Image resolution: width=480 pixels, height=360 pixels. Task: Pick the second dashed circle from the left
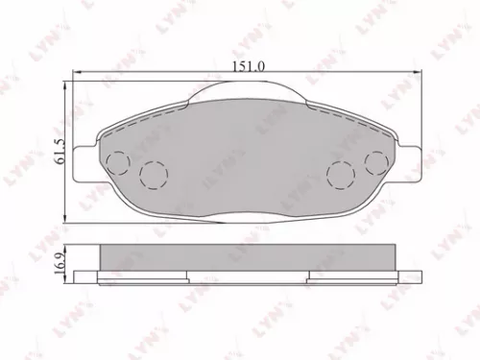point(151,175)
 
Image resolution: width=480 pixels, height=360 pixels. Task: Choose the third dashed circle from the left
point(339,175)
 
